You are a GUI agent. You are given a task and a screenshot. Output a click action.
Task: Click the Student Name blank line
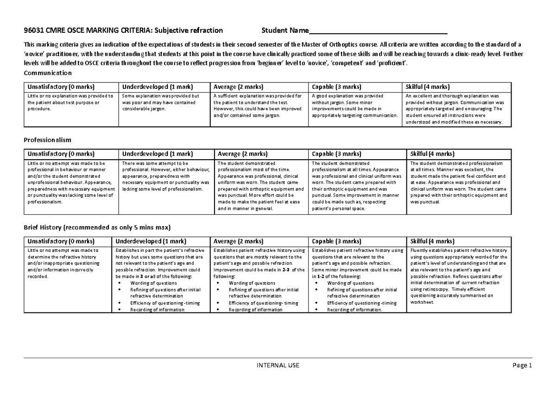click(x=378, y=31)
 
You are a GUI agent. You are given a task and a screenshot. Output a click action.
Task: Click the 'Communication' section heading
click(x=48, y=73)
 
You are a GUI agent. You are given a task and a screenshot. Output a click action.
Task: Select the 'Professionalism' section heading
click(x=47, y=140)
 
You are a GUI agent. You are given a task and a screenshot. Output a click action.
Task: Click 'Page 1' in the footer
click(x=523, y=365)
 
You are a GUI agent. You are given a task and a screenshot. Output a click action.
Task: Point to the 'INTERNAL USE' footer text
click(x=278, y=365)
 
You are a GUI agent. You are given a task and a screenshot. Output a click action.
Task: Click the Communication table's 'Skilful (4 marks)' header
click(x=427, y=87)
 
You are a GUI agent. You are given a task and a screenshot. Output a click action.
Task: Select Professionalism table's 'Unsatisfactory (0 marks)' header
click(x=61, y=154)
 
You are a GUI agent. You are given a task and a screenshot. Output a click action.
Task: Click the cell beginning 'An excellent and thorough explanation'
click(x=456, y=109)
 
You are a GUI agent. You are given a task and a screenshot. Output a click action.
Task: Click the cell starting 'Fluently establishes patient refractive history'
click(x=459, y=276)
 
